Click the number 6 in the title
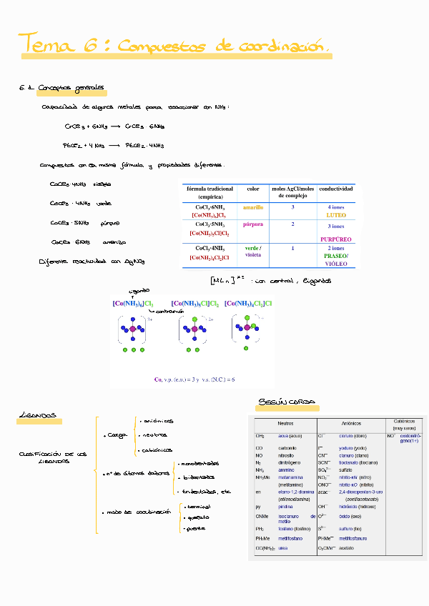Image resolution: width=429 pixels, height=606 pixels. click(x=92, y=44)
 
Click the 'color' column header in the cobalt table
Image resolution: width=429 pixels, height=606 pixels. click(x=253, y=189)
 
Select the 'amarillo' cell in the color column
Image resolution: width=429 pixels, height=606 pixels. click(x=253, y=207)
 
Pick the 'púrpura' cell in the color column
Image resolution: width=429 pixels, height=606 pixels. click(x=253, y=224)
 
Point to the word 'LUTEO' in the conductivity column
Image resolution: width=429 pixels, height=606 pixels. click(x=335, y=214)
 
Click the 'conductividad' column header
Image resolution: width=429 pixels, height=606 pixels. click(x=335, y=189)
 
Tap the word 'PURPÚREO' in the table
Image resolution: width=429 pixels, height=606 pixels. click(x=335, y=239)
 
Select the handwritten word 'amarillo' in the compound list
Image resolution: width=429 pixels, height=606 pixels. click(x=114, y=242)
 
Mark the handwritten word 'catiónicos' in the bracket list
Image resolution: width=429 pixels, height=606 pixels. click(x=157, y=450)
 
